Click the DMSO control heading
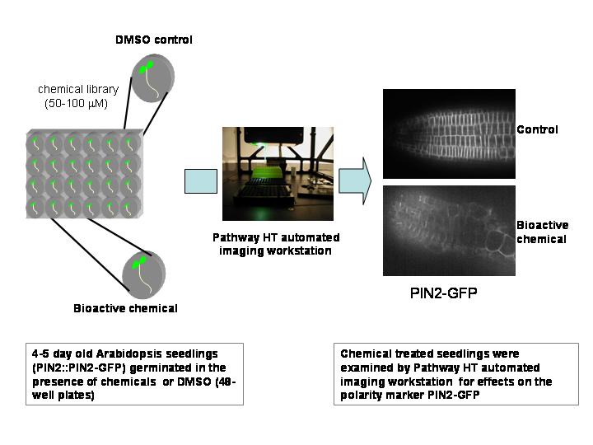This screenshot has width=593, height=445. click(x=153, y=39)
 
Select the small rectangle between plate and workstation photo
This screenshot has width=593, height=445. click(x=200, y=180)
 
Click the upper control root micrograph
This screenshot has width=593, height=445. click(x=449, y=133)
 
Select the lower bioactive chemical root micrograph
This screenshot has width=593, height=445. click(x=449, y=230)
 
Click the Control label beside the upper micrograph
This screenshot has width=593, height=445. click(x=537, y=129)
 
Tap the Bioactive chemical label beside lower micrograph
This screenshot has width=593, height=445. click(x=541, y=232)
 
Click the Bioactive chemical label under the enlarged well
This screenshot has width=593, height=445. click(x=125, y=309)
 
